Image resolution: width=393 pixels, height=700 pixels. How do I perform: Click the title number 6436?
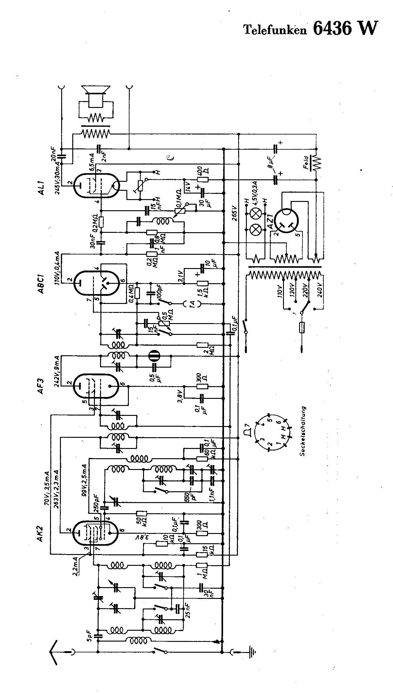(x=332, y=29)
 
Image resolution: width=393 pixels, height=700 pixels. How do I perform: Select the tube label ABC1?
(x=41, y=284)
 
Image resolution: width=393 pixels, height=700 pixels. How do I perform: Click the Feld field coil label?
(x=306, y=162)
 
